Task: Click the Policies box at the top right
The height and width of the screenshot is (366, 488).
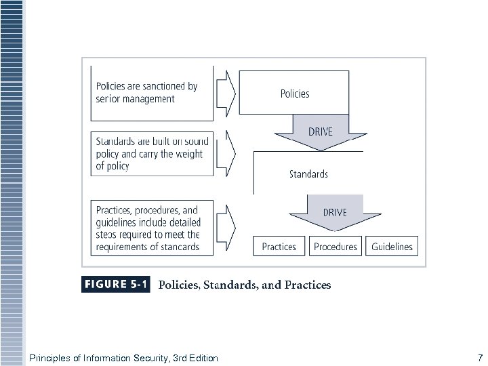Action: (294, 94)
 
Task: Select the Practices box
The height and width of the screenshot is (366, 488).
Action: (279, 247)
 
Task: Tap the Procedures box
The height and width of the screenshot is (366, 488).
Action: (335, 247)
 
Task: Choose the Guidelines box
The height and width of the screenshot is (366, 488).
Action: (392, 247)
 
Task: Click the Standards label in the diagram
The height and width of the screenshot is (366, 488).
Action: (308, 174)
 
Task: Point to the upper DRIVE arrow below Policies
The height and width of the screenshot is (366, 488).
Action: (321, 131)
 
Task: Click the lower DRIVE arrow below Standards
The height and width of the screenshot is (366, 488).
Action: (335, 212)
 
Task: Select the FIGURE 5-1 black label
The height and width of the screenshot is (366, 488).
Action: (116, 285)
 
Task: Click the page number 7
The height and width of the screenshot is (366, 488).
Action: (480, 357)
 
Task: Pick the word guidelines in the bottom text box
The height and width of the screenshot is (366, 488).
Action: (119, 222)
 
